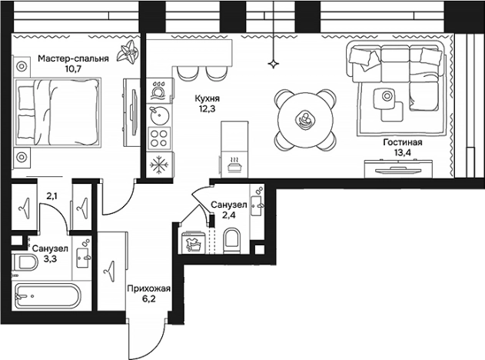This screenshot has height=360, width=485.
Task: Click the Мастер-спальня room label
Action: [x=73, y=58]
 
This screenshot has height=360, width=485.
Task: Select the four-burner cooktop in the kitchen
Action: [x=159, y=140]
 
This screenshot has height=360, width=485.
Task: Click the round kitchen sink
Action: [x=159, y=116]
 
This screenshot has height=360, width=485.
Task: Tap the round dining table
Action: [x=305, y=118]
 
